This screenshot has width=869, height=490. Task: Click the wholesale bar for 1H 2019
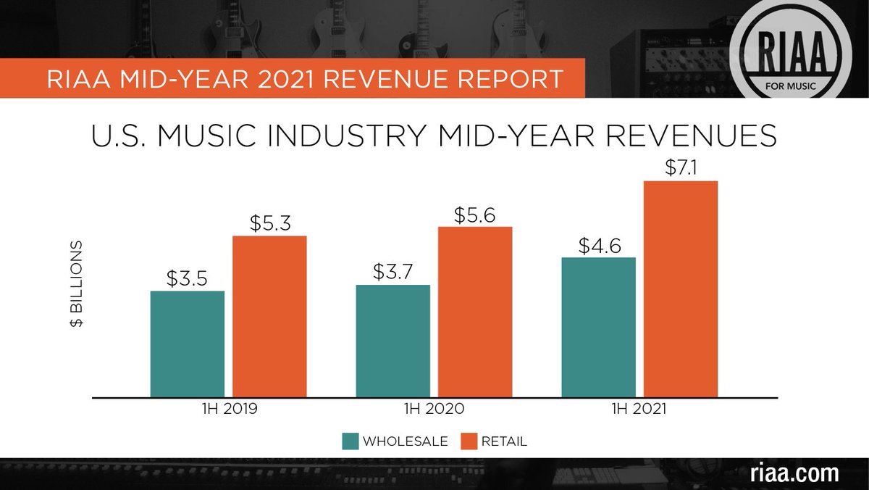pyautogui.click(x=187, y=344)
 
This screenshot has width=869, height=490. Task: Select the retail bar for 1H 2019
pyautogui.click(x=269, y=317)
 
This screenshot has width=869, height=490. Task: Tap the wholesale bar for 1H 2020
pyautogui.click(x=392, y=341)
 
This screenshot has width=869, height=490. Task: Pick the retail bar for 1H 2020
pyautogui.click(x=475, y=312)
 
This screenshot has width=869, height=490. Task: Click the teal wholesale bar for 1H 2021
pyautogui.click(x=598, y=328)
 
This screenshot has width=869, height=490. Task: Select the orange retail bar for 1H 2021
pyautogui.click(x=681, y=289)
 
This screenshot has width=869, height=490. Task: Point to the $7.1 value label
pyautogui.click(x=681, y=168)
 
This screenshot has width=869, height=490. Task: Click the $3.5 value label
pyautogui.click(x=187, y=279)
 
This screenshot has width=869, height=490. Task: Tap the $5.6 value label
pyautogui.click(x=475, y=215)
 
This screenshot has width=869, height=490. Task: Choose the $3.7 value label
pyautogui.click(x=392, y=273)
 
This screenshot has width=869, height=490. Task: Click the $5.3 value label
pyautogui.click(x=269, y=223)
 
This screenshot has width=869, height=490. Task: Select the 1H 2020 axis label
pyautogui.click(x=434, y=409)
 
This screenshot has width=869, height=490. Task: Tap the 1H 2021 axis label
pyautogui.click(x=639, y=409)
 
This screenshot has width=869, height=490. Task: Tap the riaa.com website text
pyautogui.click(x=795, y=473)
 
